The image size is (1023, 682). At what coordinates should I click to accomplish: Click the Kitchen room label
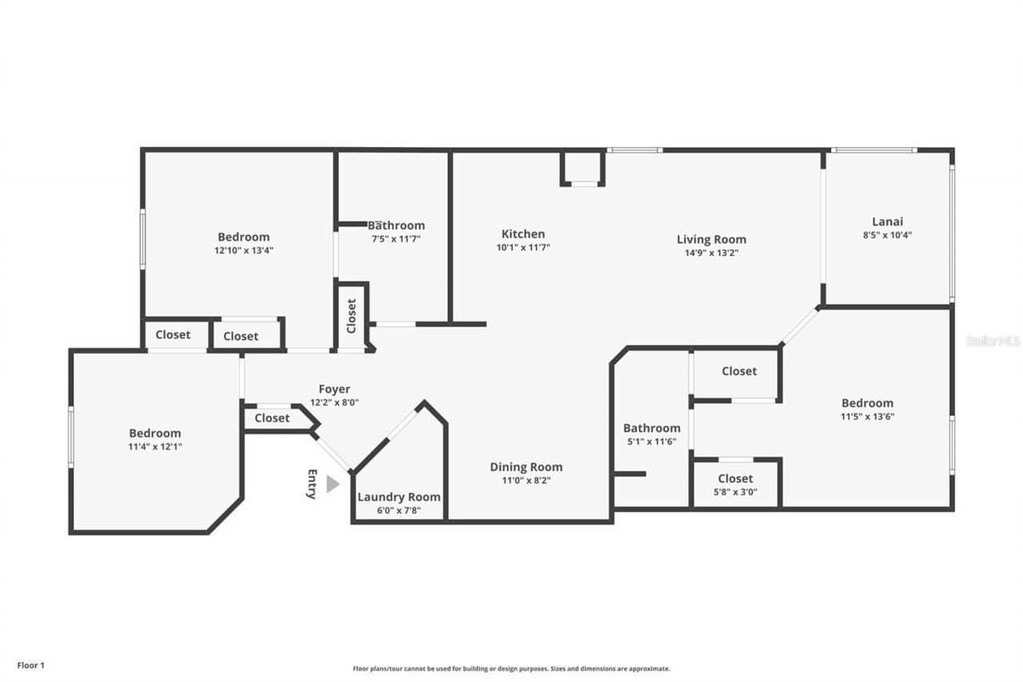[523, 234]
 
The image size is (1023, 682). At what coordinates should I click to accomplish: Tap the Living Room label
[711, 239]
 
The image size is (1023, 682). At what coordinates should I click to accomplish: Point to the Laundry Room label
[398, 497]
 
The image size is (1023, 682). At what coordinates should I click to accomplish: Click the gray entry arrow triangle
[332, 485]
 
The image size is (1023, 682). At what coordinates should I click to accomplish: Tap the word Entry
[312, 484]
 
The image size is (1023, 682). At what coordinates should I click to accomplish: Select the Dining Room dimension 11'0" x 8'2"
[526, 481]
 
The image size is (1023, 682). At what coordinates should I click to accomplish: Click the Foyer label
[334, 389]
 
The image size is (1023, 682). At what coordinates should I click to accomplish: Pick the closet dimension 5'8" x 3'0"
[735, 493]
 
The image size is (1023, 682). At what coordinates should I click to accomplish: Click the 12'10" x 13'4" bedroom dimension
[244, 250]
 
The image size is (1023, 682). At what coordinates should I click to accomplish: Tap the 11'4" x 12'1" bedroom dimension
[155, 447]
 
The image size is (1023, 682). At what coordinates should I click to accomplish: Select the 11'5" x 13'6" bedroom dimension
[867, 417]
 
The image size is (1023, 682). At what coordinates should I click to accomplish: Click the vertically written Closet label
[351, 316]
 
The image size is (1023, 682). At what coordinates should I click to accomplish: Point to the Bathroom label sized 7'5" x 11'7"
[396, 225]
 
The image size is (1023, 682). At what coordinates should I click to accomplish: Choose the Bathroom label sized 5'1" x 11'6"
[651, 428]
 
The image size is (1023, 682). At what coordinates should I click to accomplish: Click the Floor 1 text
[31, 664]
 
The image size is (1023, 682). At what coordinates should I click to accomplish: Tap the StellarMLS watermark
[993, 341]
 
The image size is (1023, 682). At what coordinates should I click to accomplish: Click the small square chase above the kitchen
[583, 168]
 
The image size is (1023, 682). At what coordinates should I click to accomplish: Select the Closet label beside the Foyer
[272, 418]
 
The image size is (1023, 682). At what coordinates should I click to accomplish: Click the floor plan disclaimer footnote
[511, 668]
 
